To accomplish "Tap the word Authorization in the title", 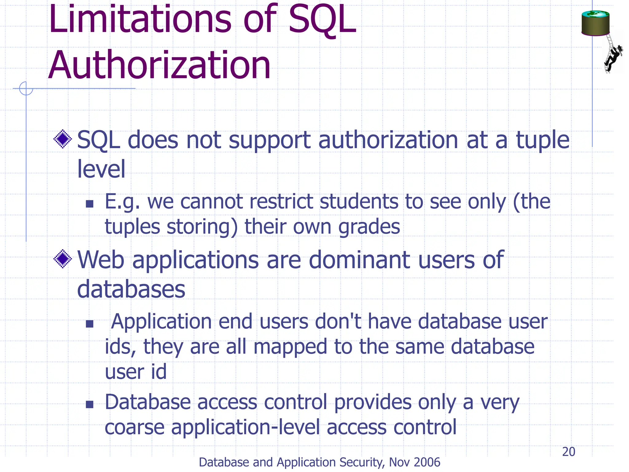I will (x=159, y=65).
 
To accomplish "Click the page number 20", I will (x=568, y=452).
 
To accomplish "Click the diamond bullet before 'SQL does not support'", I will (x=63, y=139).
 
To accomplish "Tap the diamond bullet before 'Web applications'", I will (x=63, y=259).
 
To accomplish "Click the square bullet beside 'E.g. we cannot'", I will (x=89, y=204).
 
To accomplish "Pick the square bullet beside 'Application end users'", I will (x=89, y=324).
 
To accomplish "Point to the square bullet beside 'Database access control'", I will (x=89, y=404).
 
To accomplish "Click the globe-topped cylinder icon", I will (x=595, y=23).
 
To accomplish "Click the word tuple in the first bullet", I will (x=542, y=140).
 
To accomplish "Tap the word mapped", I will (x=290, y=347).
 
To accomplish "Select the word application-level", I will (x=246, y=427).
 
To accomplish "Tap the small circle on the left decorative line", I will (x=26, y=88).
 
